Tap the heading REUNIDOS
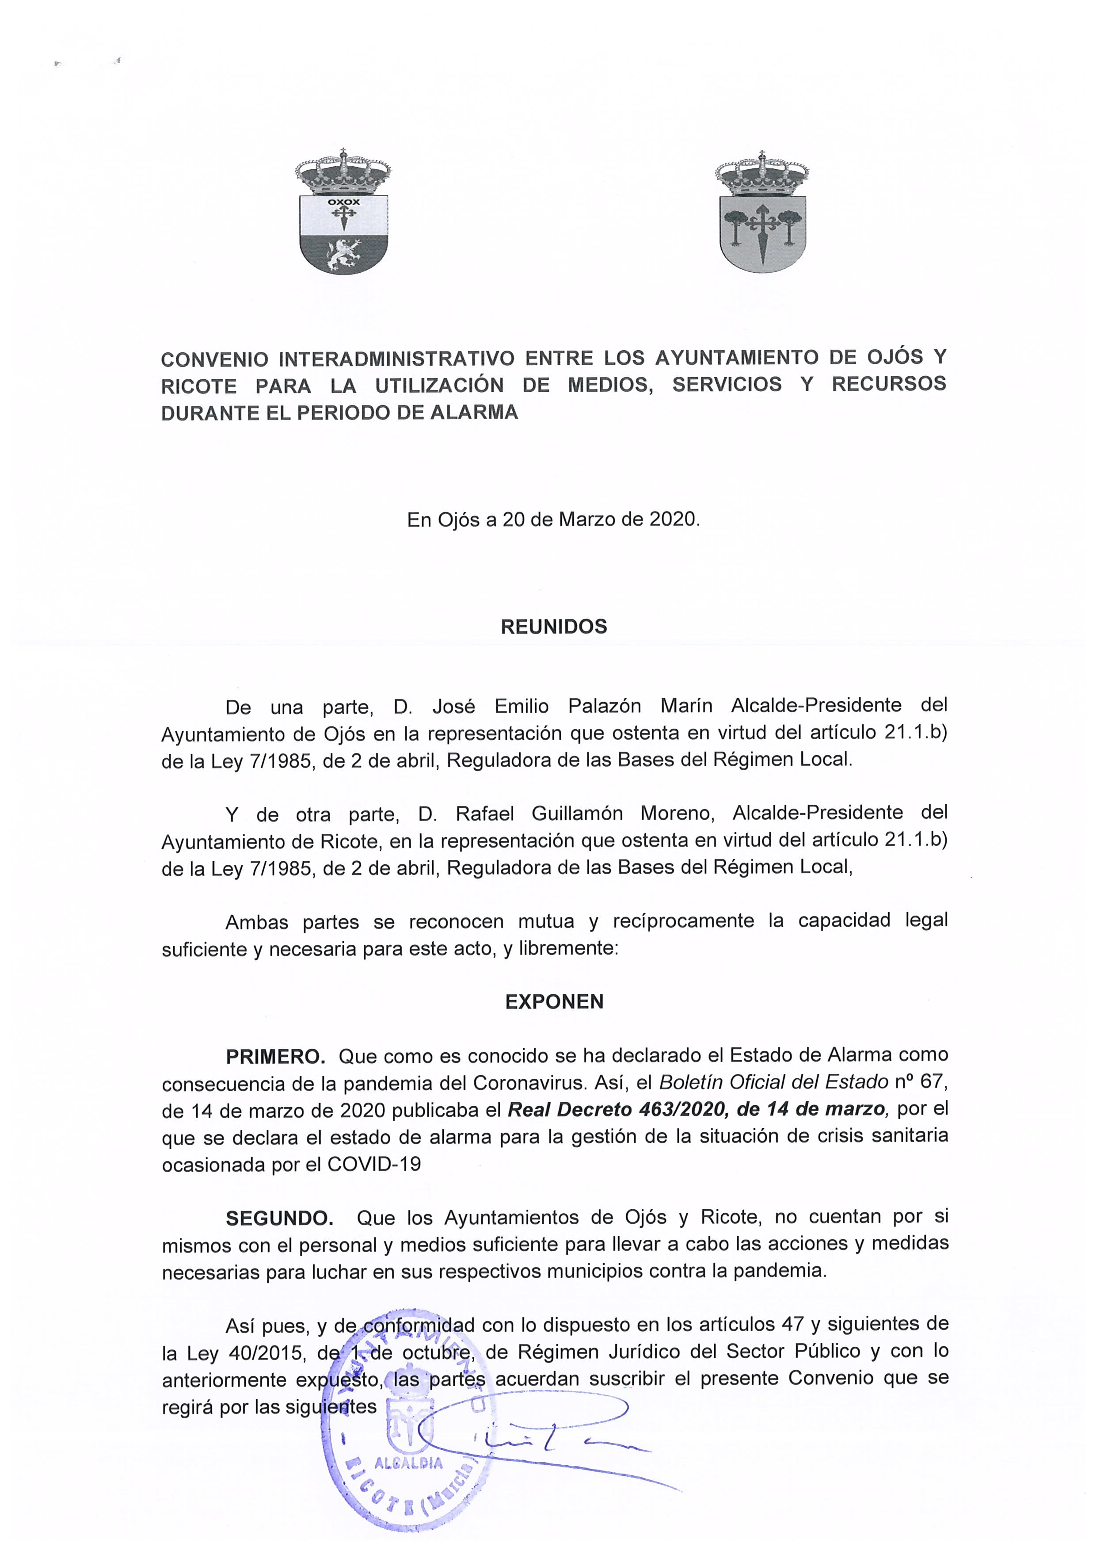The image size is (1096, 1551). click(x=554, y=627)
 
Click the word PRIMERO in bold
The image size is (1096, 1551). click(x=275, y=1056)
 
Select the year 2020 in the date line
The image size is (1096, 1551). click(x=672, y=519)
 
